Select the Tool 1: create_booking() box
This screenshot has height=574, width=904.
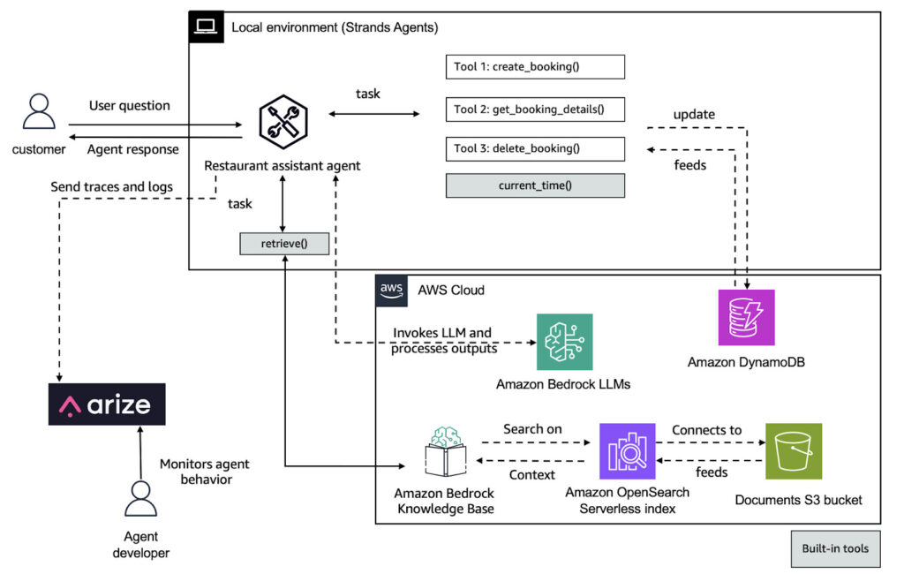(x=535, y=67)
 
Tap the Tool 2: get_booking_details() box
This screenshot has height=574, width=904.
(x=535, y=110)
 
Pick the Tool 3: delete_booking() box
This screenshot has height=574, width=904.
(x=535, y=149)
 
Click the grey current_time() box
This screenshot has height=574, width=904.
(x=535, y=185)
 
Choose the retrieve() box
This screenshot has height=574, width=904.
(x=284, y=244)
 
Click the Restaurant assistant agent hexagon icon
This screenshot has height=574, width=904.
(x=283, y=122)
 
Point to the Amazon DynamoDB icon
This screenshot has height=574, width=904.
(x=746, y=317)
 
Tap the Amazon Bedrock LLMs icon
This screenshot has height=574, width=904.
(x=564, y=342)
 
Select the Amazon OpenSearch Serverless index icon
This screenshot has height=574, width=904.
(x=628, y=451)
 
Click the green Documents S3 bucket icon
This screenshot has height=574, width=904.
(x=794, y=451)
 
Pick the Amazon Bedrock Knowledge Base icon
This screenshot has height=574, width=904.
(x=446, y=452)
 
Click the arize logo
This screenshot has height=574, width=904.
(x=107, y=404)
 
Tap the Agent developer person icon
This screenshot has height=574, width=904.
(x=140, y=498)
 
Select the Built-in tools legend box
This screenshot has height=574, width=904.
(x=835, y=548)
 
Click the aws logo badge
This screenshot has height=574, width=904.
(x=391, y=291)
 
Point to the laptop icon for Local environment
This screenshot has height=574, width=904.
(x=206, y=26)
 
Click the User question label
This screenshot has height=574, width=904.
(x=130, y=106)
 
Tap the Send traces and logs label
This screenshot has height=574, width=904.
(x=112, y=187)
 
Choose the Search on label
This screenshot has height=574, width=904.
(x=532, y=429)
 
